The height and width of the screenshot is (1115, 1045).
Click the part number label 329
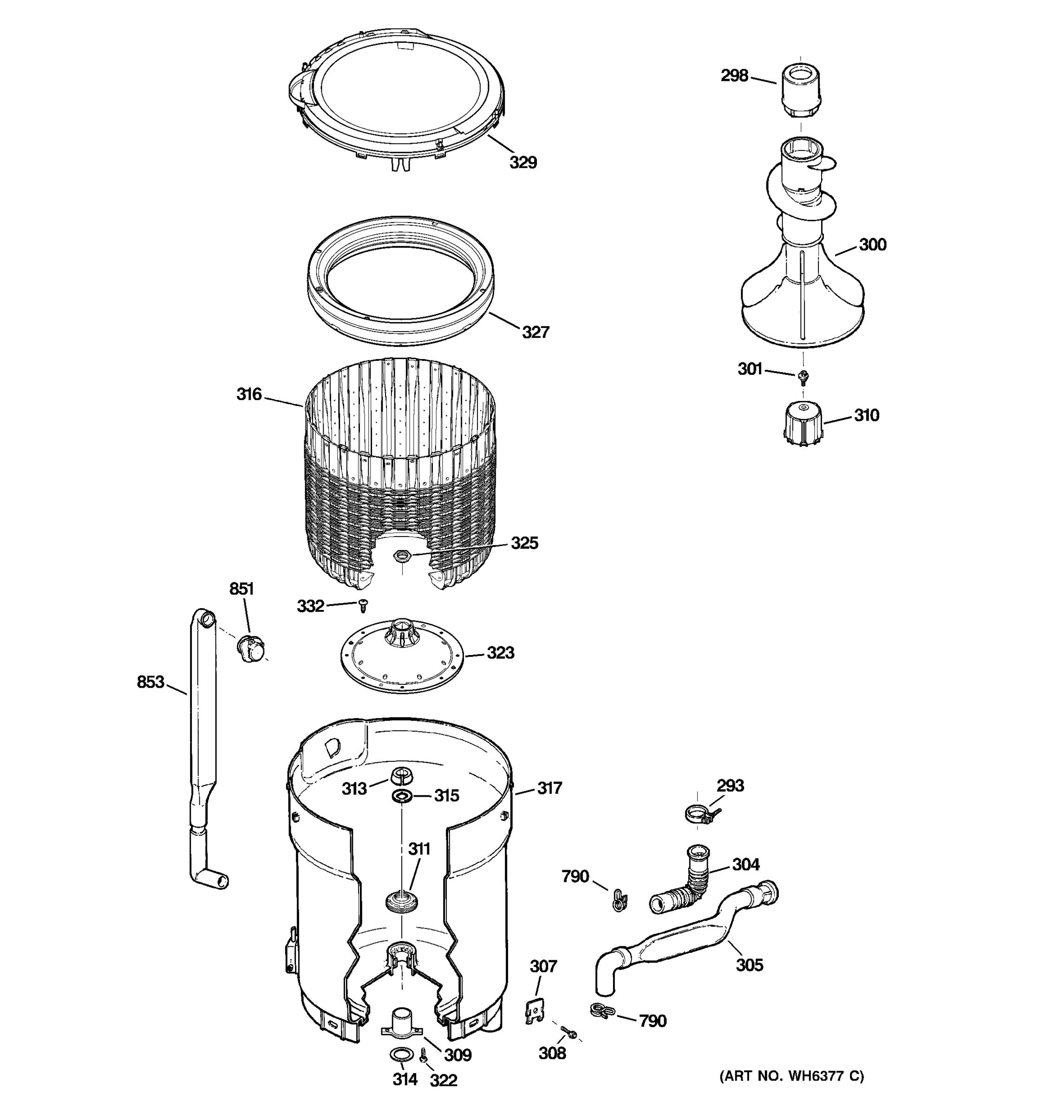pyautogui.click(x=522, y=163)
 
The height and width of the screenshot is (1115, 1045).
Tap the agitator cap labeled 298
pyautogui.click(x=800, y=90)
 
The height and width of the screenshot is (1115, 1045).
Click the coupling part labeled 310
pyautogui.click(x=803, y=425)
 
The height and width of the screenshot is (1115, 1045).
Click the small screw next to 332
pyautogui.click(x=363, y=606)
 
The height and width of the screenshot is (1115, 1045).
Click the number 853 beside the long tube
pyautogui.click(x=150, y=682)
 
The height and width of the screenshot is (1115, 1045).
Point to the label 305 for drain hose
pyautogui.click(x=750, y=964)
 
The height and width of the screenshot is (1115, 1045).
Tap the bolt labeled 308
pyautogui.click(x=569, y=1030)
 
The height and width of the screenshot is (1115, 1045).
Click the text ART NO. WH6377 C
pyautogui.click(x=791, y=1076)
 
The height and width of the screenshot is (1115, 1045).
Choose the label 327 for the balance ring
pyautogui.click(x=536, y=333)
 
